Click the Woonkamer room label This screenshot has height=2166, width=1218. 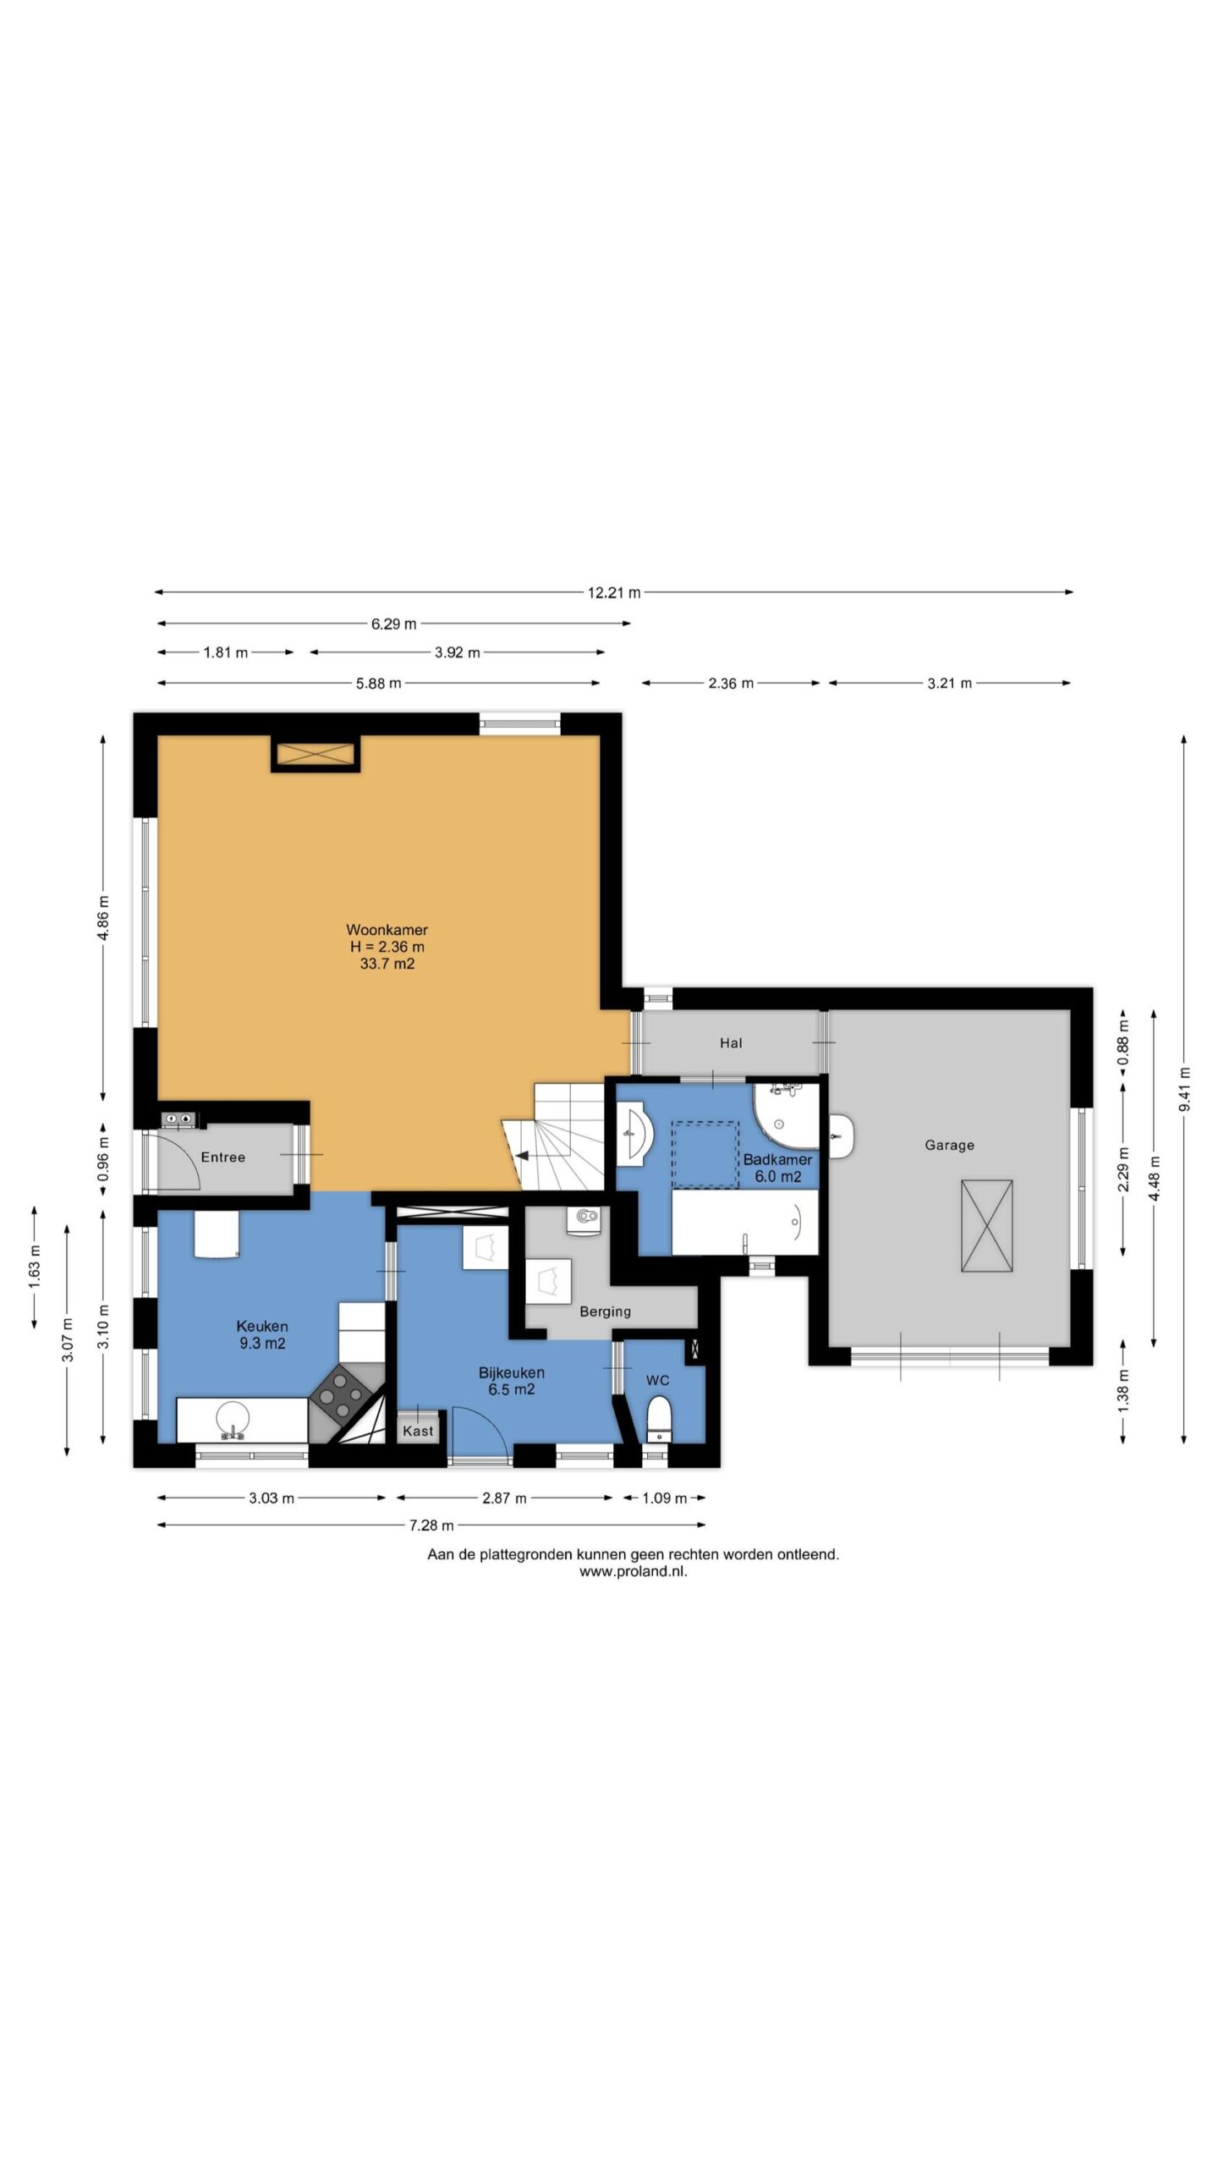[x=387, y=930]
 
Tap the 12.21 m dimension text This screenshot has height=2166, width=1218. [x=614, y=592]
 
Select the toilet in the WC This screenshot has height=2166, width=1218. [x=658, y=1418]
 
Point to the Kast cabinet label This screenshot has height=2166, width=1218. [x=418, y=1431]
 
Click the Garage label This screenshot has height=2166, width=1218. [x=949, y=1145]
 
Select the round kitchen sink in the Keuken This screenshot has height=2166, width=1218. [x=232, y=1419]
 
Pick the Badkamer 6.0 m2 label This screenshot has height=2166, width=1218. [x=777, y=1168]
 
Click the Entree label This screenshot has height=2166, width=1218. [x=222, y=1157]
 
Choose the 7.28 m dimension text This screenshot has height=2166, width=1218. [x=431, y=1525]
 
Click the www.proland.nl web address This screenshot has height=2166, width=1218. [x=633, y=1571]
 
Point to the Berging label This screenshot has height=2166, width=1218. [x=605, y=1311]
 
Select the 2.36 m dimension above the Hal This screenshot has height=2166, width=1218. [x=731, y=683]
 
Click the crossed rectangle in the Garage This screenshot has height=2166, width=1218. [x=986, y=1225]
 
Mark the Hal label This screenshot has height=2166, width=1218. [x=731, y=1043]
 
